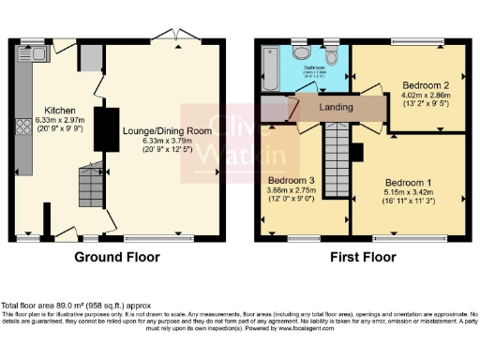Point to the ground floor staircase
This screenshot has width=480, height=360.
point(91,187)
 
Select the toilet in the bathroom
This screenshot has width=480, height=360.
point(300,48)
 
